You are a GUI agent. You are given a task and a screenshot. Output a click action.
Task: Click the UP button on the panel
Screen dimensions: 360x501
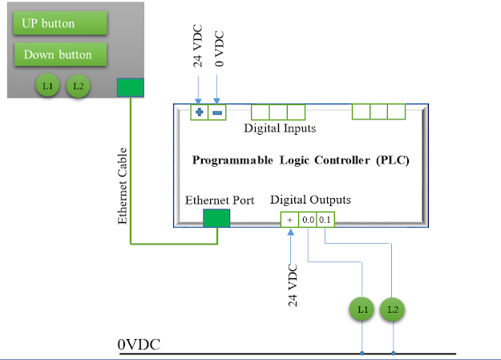tap(60, 23)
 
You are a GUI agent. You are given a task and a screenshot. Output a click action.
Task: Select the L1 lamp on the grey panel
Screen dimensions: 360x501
tap(47, 85)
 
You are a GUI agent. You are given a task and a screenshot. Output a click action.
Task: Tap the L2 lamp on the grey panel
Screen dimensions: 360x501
tap(78, 85)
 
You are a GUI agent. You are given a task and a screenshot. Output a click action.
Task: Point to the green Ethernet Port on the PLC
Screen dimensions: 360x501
tap(216, 218)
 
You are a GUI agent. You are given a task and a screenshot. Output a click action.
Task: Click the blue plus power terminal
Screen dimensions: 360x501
tap(199, 113)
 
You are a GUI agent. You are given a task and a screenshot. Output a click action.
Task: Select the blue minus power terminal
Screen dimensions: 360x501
tap(217, 113)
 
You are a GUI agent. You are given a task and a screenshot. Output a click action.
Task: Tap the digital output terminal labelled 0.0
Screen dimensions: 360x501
tap(307, 219)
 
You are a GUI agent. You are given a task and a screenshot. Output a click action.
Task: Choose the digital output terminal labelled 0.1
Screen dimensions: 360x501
tap(324, 219)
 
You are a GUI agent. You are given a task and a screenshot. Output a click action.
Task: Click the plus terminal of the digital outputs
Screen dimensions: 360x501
tap(289, 219)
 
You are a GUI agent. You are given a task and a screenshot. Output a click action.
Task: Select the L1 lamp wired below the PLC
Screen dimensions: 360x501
tap(362, 309)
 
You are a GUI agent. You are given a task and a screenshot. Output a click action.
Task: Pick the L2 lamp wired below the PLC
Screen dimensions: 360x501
tap(392, 309)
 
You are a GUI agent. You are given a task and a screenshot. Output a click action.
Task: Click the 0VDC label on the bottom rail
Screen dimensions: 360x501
tap(139, 345)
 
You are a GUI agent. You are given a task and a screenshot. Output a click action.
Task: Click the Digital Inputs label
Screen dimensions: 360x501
tap(280, 128)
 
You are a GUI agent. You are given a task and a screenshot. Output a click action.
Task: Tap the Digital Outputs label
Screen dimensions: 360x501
tap(310, 200)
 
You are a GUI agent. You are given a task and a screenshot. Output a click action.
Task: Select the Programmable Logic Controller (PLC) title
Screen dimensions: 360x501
tap(301, 160)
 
